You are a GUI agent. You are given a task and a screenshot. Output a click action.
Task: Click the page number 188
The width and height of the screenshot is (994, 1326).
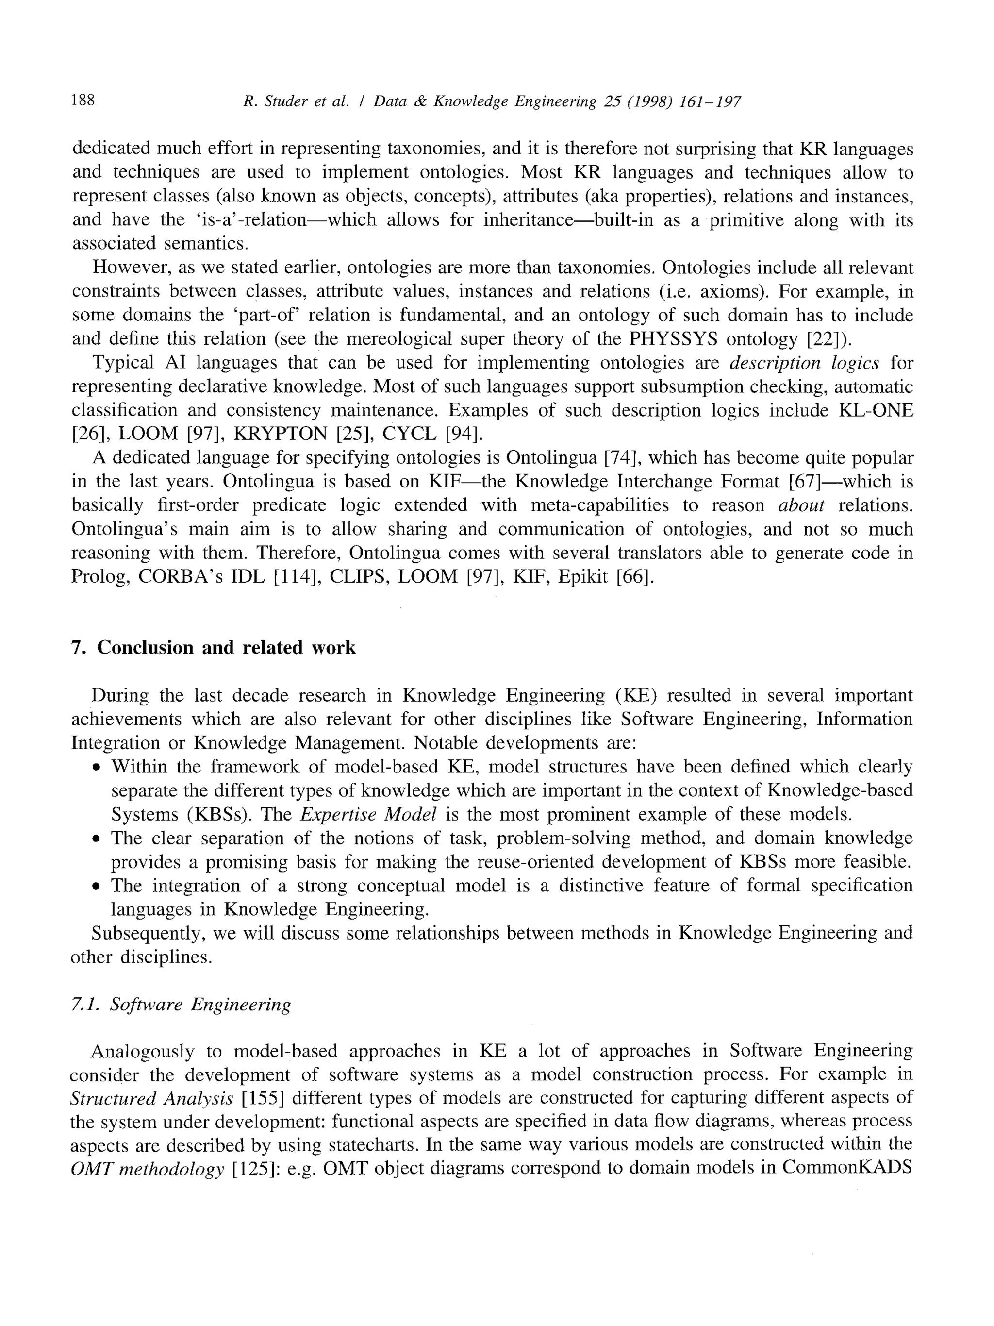(x=83, y=100)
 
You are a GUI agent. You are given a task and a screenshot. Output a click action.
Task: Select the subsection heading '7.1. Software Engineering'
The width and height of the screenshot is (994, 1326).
(x=181, y=1004)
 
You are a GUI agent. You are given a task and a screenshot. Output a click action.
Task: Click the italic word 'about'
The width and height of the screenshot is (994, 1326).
(x=801, y=505)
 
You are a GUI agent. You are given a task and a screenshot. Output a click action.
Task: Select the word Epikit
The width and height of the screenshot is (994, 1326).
(x=583, y=577)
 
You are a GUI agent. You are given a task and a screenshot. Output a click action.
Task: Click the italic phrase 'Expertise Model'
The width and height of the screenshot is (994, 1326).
(x=368, y=814)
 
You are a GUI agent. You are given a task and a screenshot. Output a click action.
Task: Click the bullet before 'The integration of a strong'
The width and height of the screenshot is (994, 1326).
(x=96, y=887)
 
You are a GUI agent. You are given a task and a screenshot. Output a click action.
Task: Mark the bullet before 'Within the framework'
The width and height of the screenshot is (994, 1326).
(x=96, y=768)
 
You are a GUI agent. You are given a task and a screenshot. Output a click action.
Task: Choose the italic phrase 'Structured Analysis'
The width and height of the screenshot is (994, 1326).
(x=151, y=1098)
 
